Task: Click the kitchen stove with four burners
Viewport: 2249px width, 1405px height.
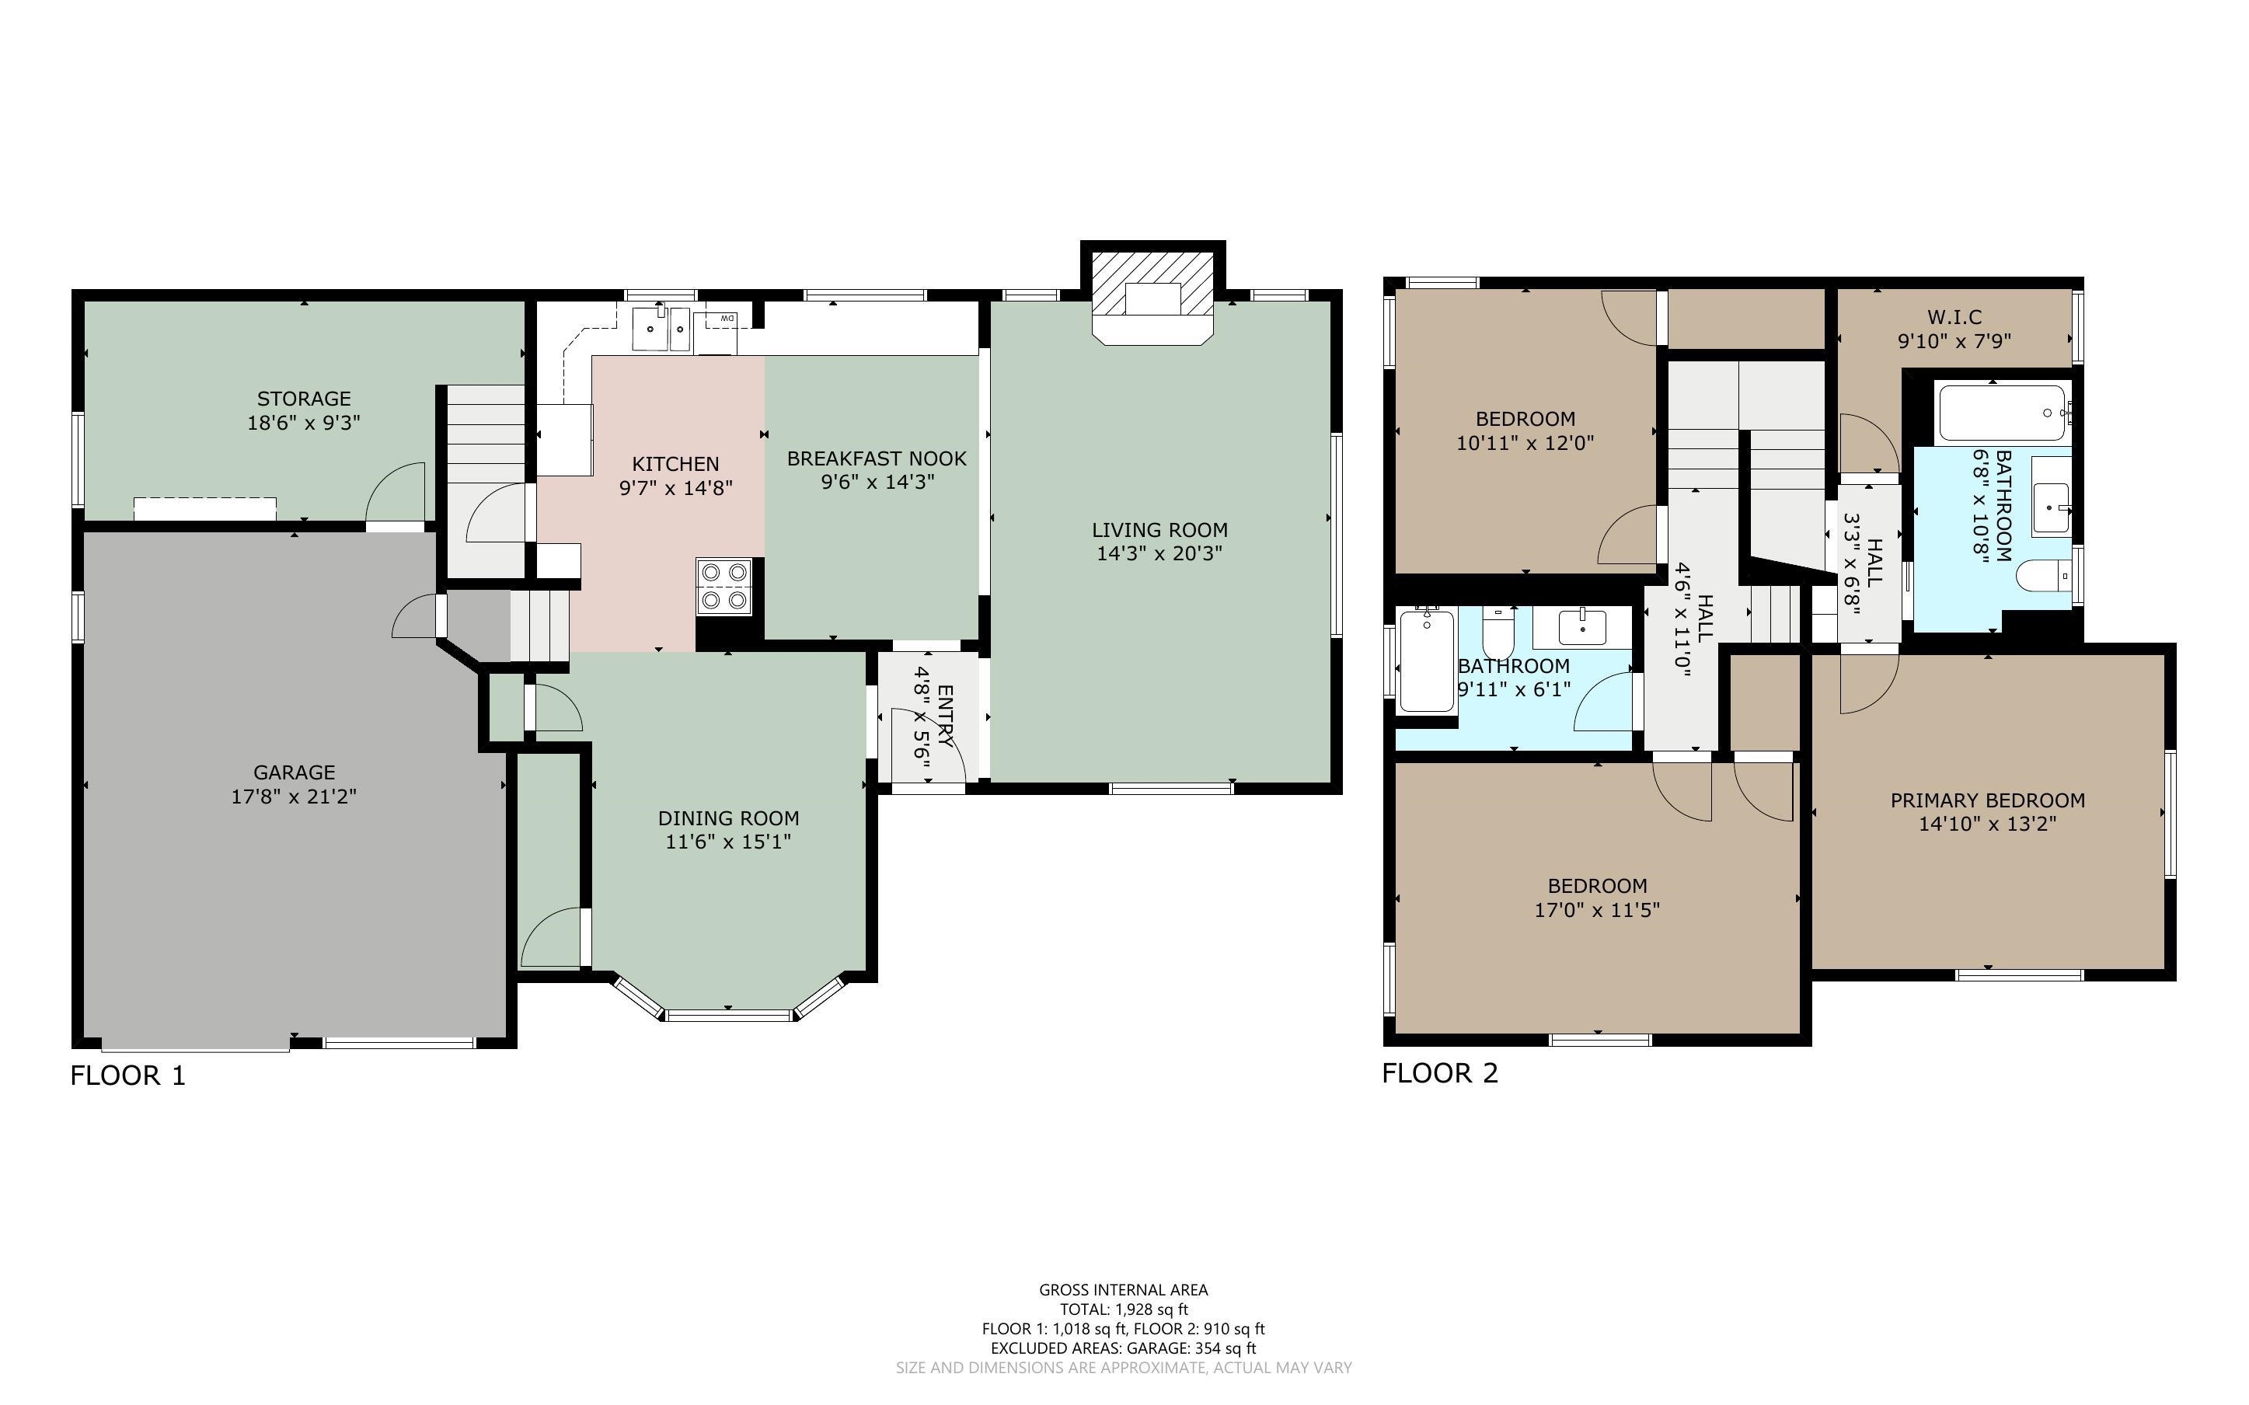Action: click(724, 587)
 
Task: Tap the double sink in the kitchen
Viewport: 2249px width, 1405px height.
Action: click(661, 329)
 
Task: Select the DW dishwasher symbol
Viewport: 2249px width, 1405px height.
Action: click(718, 322)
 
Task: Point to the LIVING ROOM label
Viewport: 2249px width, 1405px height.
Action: click(1159, 530)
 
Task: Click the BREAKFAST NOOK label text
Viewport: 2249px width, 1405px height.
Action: click(876, 458)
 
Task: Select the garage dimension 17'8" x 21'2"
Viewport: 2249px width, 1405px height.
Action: click(294, 797)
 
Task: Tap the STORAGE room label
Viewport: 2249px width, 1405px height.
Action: click(304, 399)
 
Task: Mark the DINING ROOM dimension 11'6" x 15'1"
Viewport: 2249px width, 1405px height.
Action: click(727, 842)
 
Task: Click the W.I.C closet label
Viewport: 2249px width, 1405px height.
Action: click(1954, 318)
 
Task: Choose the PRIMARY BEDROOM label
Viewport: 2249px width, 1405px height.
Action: click(1987, 800)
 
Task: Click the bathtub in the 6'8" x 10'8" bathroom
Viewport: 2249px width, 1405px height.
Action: click(2001, 413)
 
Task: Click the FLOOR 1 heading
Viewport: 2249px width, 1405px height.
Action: click(128, 1076)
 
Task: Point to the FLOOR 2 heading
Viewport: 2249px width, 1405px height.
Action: click(1439, 1073)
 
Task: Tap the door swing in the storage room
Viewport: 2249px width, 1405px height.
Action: click(396, 493)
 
